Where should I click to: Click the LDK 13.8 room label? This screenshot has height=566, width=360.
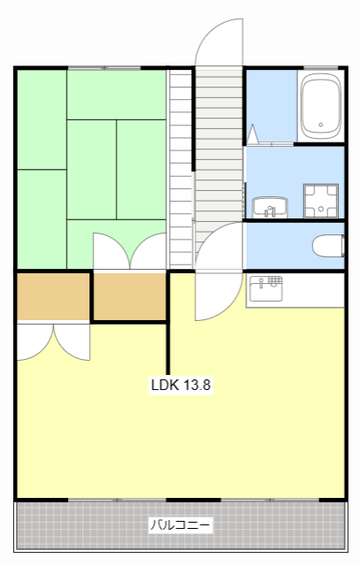pos(180,385)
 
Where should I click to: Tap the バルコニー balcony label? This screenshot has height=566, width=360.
pos(180,524)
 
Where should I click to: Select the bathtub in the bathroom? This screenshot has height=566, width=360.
pos(321,106)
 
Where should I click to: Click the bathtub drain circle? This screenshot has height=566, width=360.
pos(321,125)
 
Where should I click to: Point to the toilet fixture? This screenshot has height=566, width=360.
pos(328,246)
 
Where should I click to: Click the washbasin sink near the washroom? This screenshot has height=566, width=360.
pos(270,208)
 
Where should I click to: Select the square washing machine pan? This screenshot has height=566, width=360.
pos(321,201)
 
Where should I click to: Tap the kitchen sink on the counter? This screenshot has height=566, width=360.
pos(266,288)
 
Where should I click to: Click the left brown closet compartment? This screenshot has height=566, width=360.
pos(53,296)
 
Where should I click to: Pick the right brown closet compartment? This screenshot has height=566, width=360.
pos(130,296)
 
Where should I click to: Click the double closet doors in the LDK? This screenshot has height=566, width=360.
pos(53,342)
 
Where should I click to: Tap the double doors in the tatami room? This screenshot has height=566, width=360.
pos(130,251)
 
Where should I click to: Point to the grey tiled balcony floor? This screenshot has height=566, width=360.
pos(180,525)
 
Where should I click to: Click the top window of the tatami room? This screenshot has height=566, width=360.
pos(104,68)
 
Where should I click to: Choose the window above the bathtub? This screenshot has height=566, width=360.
pos(321,68)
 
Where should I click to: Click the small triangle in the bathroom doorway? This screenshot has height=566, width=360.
pos(252,134)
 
